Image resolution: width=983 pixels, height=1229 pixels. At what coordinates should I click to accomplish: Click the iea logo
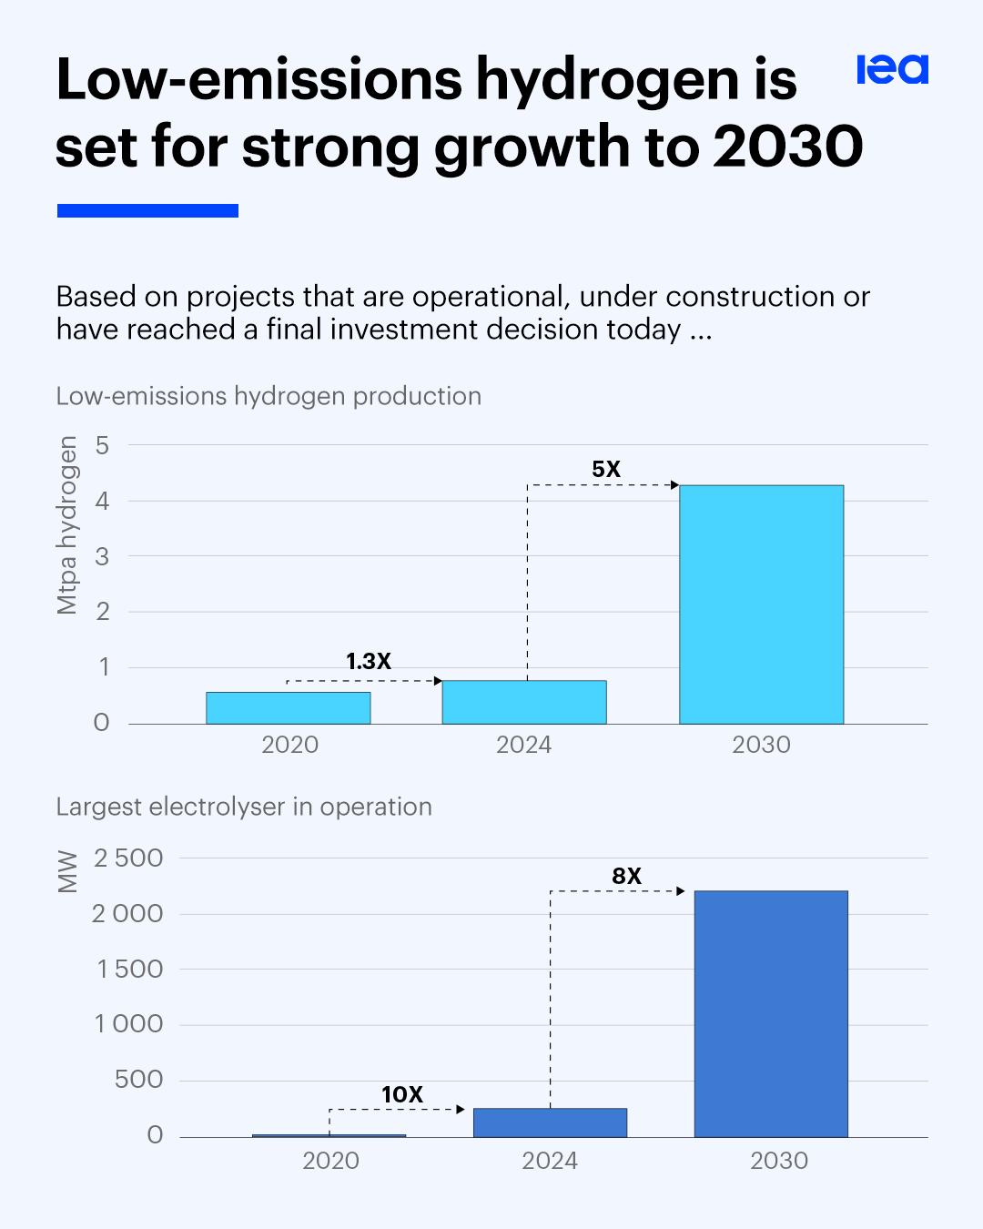[x=892, y=69]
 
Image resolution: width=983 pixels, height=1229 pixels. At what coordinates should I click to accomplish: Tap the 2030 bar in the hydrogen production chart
[x=761, y=604]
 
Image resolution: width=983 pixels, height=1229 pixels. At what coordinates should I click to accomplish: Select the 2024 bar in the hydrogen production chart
[x=524, y=702]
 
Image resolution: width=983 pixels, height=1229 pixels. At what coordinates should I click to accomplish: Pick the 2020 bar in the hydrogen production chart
[x=288, y=708]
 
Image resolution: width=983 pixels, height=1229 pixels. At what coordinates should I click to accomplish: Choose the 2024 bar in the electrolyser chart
[x=550, y=1122]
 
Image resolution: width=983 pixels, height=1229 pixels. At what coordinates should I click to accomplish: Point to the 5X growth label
[x=606, y=469]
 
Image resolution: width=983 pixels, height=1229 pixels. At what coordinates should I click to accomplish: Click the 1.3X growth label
[x=369, y=661]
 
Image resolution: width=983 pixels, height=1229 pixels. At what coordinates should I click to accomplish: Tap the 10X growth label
[x=402, y=1094]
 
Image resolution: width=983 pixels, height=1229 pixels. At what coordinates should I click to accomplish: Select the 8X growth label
[x=626, y=876]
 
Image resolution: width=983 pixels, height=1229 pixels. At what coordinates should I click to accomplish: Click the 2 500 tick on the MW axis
[x=128, y=858]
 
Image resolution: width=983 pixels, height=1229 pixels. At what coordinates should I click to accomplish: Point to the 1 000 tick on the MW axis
[x=128, y=1024]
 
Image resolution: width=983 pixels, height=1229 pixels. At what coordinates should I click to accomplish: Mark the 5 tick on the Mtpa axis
[x=102, y=445]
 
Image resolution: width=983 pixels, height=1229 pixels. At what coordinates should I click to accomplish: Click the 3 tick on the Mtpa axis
[x=102, y=556]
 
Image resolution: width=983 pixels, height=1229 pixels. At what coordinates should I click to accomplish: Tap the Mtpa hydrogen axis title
[x=67, y=525]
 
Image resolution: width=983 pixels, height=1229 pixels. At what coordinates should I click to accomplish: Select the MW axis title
[x=67, y=871]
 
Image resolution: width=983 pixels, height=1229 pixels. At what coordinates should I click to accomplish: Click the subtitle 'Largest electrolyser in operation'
[x=244, y=807]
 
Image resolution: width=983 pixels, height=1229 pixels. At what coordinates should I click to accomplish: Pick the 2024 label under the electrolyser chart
[x=550, y=1161]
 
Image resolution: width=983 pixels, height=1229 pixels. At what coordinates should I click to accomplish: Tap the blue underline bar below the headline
[x=147, y=210]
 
